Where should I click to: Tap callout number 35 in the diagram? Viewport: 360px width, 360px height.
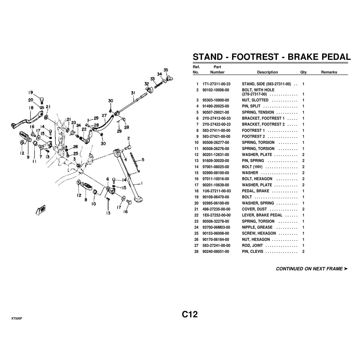click(166, 70)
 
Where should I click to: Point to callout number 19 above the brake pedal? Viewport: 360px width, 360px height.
click(31, 92)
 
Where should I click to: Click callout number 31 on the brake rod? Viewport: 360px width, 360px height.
click(133, 93)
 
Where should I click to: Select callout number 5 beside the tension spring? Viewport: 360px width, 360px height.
click(143, 160)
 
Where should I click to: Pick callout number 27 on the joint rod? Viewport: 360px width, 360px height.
click(104, 115)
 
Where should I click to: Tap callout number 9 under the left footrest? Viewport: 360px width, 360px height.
click(28, 157)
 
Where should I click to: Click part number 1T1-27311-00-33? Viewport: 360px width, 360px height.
click(216, 84)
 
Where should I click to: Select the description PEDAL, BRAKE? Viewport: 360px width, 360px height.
click(255, 191)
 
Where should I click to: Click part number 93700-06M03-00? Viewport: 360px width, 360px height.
click(216, 227)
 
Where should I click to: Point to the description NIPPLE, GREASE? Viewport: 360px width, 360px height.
click(257, 227)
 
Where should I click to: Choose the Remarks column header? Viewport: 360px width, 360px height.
click(329, 72)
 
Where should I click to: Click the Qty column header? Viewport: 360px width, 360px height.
click(303, 72)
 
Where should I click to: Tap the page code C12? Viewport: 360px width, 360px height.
click(190, 314)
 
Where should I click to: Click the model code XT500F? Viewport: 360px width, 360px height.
click(17, 318)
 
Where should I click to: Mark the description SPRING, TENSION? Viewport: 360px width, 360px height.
click(258, 112)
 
